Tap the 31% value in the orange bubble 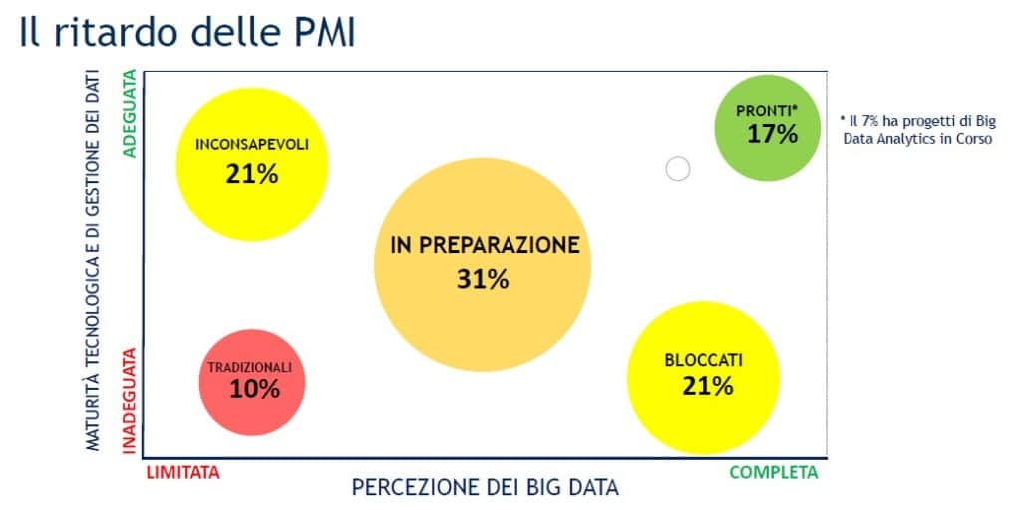click(483, 279)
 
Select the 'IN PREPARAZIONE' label click(486, 245)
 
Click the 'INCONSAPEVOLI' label click(252, 145)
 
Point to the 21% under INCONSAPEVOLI click(252, 174)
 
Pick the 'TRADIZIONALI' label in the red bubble click(250, 368)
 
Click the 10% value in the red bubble click(254, 389)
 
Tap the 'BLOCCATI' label click(703, 360)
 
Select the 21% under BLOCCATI click(708, 386)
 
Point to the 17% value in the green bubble click(772, 135)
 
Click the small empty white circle click(678, 169)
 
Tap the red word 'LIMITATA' click(183, 473)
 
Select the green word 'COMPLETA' click(774, 473)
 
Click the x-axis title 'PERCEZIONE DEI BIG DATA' click(486, 487)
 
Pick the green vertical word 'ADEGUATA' click(130, 113)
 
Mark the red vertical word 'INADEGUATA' click(130, 400)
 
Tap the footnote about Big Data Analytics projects click(918, 130)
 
